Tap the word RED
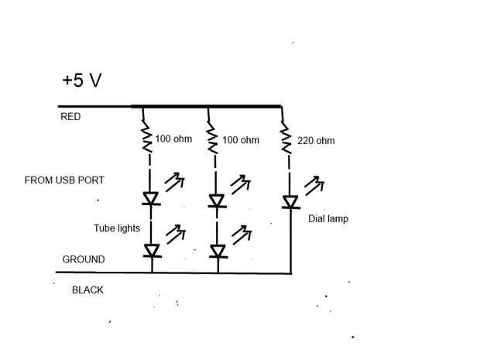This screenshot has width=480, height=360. [70, 118]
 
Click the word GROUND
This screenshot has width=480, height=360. [83, 259]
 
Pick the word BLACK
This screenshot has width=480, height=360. [87, 290]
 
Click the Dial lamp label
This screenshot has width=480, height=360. [327, 219]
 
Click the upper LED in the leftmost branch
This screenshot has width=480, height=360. [152, 200]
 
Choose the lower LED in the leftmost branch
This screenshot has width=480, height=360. [152, 250]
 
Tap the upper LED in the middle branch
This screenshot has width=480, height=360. [218, 201]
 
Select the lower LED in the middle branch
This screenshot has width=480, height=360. [218, 251]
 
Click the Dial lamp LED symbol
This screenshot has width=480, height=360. [290, 202]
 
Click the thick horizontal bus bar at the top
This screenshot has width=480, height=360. [206, 107]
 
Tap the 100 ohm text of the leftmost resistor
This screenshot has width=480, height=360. [173, 140]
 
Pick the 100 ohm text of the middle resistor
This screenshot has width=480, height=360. [240, 140]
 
